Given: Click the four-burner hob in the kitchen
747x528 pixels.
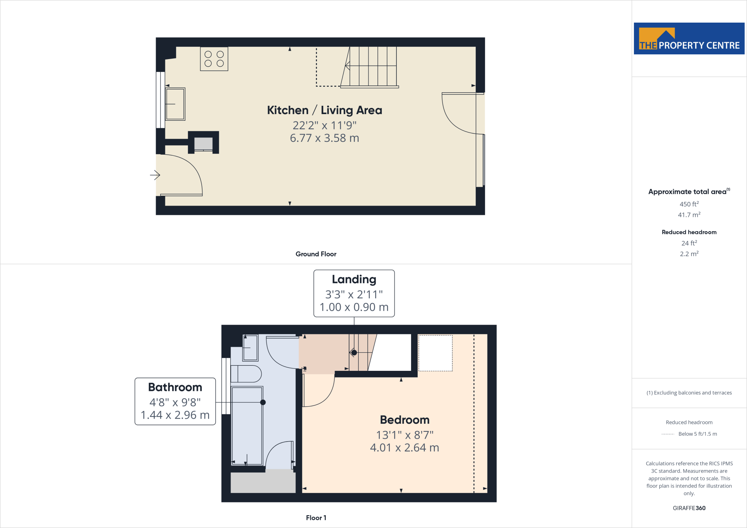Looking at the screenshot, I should click(214, 59).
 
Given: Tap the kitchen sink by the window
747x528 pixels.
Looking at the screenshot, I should click(175, 104).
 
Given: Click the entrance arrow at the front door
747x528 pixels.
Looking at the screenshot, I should click(155, 175).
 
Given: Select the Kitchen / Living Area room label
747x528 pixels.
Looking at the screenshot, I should click(324, 110).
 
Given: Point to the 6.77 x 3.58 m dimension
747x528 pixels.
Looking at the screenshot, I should click(324, 138).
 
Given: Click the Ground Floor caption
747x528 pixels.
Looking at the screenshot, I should click(316, 254).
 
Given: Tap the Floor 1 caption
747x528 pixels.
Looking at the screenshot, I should click(316, 518).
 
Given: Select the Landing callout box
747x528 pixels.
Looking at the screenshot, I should click(354, 293).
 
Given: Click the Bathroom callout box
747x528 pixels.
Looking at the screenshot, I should click(175, 401).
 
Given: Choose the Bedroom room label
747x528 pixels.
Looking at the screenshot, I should click(405, 420).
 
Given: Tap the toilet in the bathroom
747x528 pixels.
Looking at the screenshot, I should click(246, 374).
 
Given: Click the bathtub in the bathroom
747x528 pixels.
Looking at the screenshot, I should click(247, 426).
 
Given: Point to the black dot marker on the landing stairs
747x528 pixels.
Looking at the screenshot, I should click(354, 353).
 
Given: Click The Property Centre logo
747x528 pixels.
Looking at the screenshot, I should click(689, 39).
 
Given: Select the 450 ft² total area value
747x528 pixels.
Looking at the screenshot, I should click(689, 204).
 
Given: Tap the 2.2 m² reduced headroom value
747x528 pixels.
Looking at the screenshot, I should click(689, 254).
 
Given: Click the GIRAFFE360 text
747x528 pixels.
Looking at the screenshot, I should click(689, 508).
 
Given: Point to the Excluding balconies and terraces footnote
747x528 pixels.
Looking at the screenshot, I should click(689, 393).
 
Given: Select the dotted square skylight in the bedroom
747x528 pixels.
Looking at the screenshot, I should click(435, 353).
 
